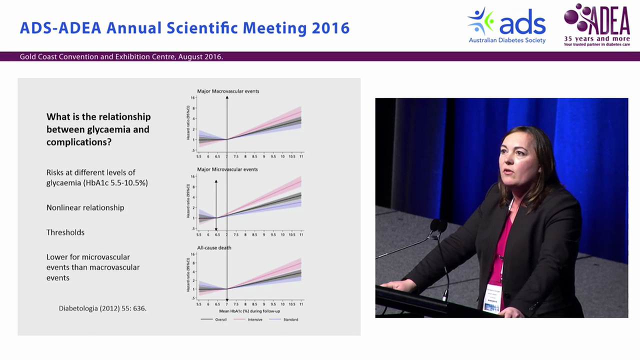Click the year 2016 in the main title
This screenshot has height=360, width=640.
pos(330,28)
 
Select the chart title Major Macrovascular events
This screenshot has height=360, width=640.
pos(228,91)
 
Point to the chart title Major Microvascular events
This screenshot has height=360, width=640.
pos(227,169)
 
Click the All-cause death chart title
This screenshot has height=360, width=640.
pos(214,247)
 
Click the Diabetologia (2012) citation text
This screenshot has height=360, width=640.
pos(102,308)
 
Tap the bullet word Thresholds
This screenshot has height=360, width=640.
pos(65,232)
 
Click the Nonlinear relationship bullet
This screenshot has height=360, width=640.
pos(85,207)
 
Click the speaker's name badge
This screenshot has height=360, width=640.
pos(492,297)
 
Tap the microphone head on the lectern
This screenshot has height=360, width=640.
pos(438,225)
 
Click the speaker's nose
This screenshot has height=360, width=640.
pos(506,161)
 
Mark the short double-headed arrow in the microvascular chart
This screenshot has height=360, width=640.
pos(216,205)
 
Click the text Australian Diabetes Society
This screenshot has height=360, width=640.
pos(507,40)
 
